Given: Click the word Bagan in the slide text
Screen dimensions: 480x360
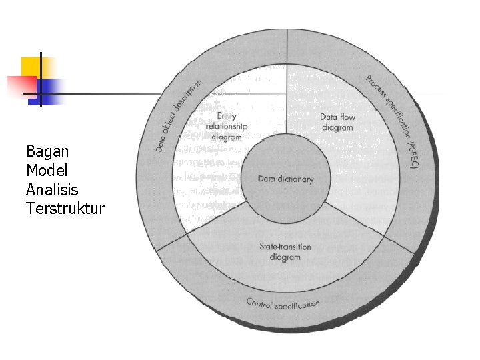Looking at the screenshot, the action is (47, 151).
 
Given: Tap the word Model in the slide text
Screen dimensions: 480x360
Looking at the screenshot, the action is (47, 170).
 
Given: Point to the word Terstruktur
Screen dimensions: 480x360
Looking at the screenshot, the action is (65, 209).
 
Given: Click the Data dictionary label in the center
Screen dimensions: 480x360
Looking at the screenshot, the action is (285, 179).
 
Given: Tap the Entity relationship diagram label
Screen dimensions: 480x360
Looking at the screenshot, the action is (227, 127).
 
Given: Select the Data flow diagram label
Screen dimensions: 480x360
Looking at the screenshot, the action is (338, 122).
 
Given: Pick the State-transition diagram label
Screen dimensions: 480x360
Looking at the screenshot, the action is (285, 252).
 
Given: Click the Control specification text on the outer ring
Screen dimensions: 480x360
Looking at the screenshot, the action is (283, 305).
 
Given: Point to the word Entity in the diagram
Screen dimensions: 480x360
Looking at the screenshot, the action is (227, 117).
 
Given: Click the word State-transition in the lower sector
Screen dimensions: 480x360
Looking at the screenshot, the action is (285, 247).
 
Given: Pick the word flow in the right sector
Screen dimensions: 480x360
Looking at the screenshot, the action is (348, 117).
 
